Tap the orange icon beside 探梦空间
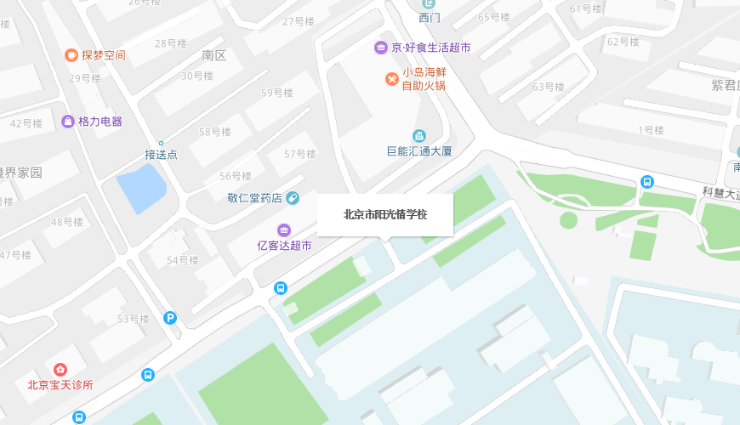[71, 55]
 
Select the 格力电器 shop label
[100, 122]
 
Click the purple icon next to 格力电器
[67, 122]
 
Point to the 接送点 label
[161, 155]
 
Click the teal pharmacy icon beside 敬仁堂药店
[292, 199]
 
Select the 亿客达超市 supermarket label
[284, 246]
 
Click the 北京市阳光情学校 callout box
[384, 214]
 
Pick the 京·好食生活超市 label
[430, 47]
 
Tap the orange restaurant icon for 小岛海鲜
[391, 79]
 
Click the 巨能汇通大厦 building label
[419, 151]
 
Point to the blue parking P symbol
[171, 319]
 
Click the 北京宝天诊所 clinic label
[60, 384]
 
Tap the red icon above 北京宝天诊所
[60, 369]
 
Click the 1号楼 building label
[651, 130]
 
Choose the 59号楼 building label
[276, 93]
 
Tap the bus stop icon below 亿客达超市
[280, 287]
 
